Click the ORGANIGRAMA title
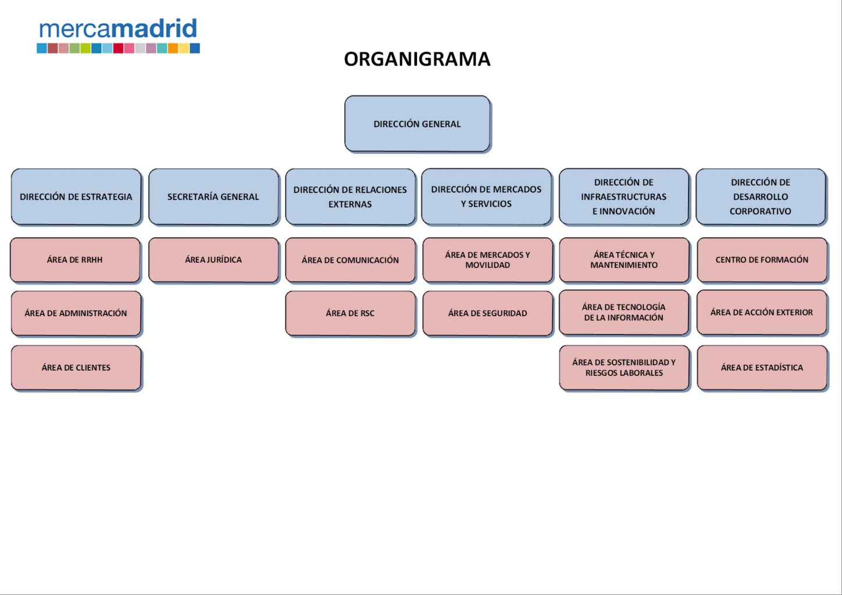(x=418, y=59)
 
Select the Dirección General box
(x=418, y=124)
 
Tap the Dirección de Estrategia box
(x=76, y=196)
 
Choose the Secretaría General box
(x=213, y=196)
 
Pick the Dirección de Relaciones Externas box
(x=350, y=196)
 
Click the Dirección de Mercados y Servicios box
(x=486, y=196)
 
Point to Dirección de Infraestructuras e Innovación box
(x=624, y=196)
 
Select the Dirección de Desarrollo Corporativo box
(x=761, y=196)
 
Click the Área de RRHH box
(x=75, y=260)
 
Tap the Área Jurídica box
(x=213, y=260)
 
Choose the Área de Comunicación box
(x=350, y=260)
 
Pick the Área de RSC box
(x=350, y=313)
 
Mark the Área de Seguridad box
(x=487, y=313)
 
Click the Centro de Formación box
(x=762, y=260)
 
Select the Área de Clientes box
(x=76, y=367)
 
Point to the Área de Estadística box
(x=762, y=367)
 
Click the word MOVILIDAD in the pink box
(x=487, y=265)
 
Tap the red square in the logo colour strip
(x=119, y=48)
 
